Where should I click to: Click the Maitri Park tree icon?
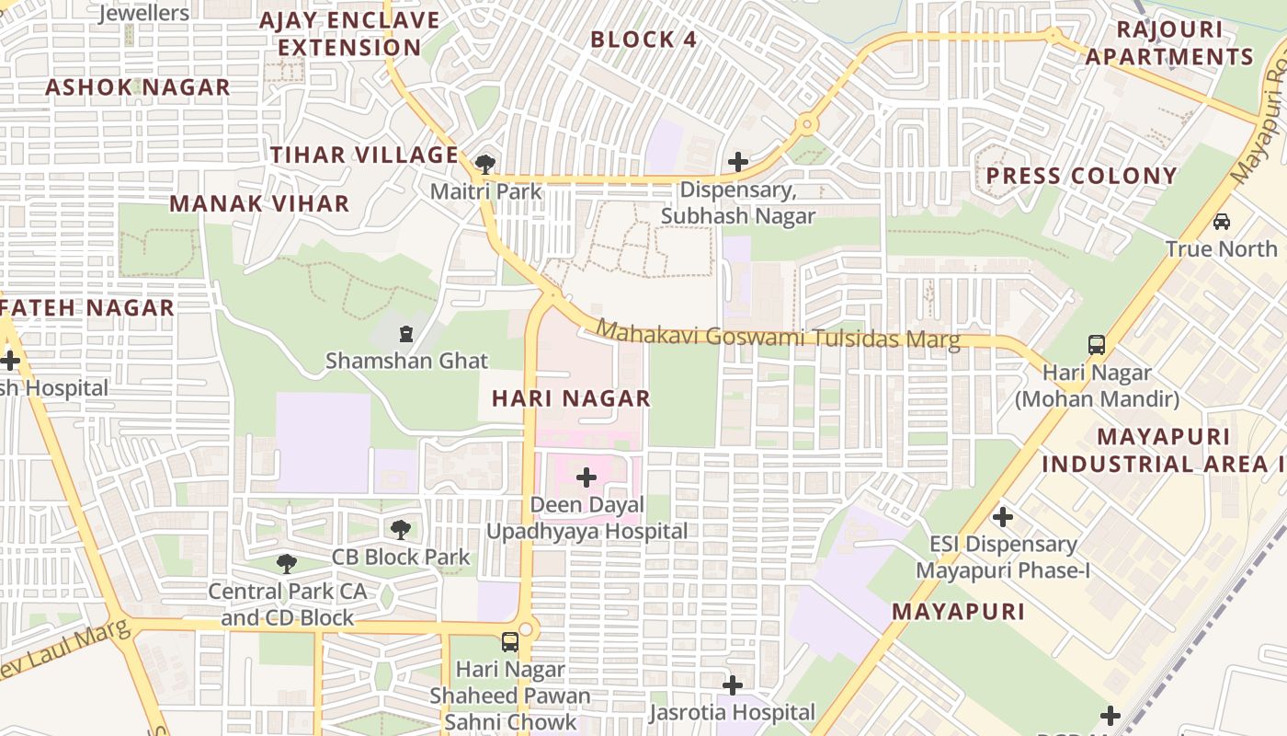click(484, 165)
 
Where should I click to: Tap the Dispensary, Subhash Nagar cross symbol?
click(737, 163)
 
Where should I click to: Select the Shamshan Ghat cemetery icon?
click(406, 334)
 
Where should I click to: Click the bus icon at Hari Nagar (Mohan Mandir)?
click(1096, 345)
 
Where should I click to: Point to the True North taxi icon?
click(1222, 222)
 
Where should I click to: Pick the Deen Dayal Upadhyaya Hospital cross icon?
click(586, 477)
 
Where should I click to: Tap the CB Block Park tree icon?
click(400, 529)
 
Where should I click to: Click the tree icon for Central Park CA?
click(287, 563)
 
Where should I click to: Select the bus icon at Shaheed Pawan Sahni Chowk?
click(510, 642)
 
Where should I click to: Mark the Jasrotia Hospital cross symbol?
click(732, 685)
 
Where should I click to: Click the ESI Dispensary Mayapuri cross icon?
click(1003, 517)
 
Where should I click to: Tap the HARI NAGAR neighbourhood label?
click(571, 398)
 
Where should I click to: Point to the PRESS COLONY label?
click(1081, 176)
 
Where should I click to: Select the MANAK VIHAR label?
click(260, 203)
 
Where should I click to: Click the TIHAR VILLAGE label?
click(364, 155)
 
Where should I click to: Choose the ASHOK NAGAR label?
click(138, 87)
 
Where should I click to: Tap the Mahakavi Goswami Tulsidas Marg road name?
click(778, 335)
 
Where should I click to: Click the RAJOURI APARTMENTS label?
click(1169, 43)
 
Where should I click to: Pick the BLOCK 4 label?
click(643, 40)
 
